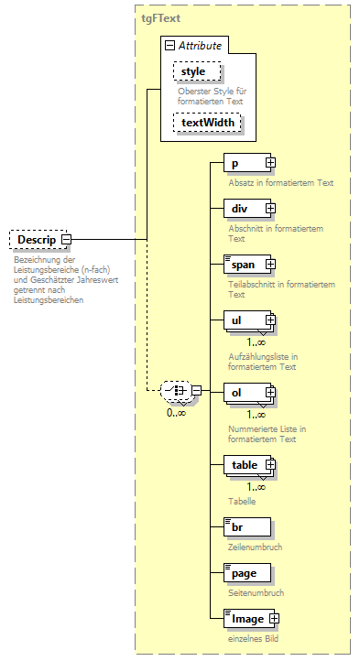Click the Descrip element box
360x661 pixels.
coord(34,240)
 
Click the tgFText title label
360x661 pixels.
coord(161,16)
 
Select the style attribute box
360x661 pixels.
coord(193,70)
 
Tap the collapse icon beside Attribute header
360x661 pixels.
coord(169,45)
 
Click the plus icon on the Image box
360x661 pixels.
coord(273,619)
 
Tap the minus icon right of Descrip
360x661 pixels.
coord(67,240)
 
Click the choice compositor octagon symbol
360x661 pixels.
coord(178,392)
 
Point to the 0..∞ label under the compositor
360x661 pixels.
coord(177,413)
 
